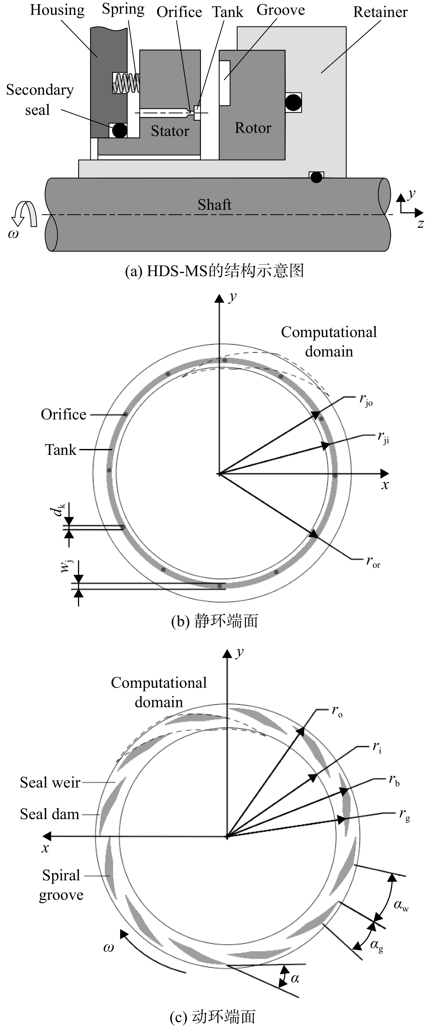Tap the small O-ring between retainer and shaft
click(316, 177)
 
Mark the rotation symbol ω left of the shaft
click(14, 234)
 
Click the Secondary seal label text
click(40, 100)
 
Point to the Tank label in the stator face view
click(61, 450)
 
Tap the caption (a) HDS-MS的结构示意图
click(215, 271)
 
